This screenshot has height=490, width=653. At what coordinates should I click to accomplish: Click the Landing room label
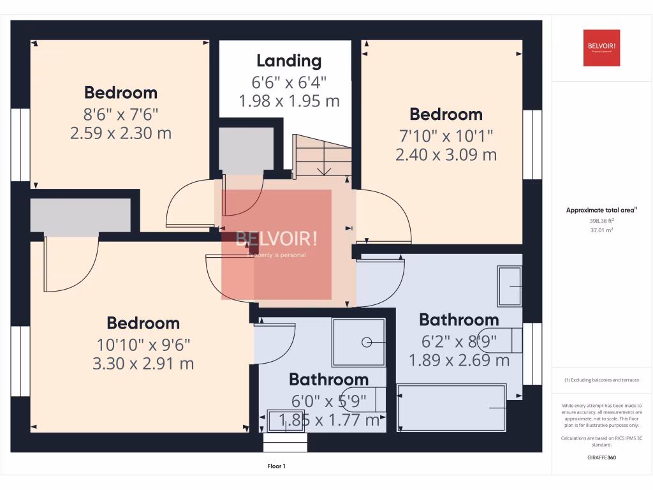[289, 61]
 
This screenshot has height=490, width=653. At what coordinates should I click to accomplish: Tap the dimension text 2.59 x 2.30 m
[121, 134]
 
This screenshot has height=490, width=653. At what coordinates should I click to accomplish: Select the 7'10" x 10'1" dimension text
[446, 135]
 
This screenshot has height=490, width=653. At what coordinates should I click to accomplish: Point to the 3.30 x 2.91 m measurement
[143, 364]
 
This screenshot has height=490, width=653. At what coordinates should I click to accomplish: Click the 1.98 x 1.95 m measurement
[289, 101]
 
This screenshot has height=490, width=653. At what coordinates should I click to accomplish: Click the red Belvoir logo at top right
[601, 48]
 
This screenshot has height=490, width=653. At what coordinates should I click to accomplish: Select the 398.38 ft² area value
[601, 220]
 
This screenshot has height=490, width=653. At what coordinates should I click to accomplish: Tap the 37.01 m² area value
[601, 230]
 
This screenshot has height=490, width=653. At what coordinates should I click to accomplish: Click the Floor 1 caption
[276, 466]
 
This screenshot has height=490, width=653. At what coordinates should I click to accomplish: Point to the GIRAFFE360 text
[601, 457]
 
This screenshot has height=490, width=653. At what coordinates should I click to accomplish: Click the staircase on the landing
[322, 156]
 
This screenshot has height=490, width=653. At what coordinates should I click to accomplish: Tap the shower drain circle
[367, 343]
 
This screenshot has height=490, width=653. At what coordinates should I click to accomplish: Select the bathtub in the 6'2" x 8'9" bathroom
[451, 407]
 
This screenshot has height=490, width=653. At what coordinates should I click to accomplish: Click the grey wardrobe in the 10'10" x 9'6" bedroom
[80, 215]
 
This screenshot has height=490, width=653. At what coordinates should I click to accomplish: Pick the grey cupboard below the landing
[246, 148]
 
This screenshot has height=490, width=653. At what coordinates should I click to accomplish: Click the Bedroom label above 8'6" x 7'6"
[121, 93]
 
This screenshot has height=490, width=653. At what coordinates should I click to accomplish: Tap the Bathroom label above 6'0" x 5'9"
[328, 380]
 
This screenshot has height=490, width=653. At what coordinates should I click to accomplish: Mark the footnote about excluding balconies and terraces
[601, 380]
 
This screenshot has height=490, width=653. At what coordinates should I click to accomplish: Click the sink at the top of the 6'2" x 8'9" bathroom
[510, 286]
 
